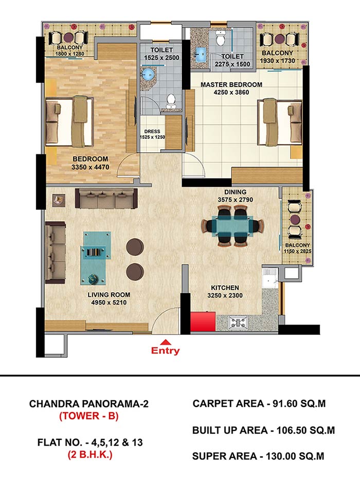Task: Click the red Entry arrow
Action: [166, 342]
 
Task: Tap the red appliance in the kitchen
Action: [203, 322]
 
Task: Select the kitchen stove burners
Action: [238, 323]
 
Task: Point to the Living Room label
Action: [109, 295]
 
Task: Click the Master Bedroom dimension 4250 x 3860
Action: [231, 92]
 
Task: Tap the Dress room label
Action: [152, 132]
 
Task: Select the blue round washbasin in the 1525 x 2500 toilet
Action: [148, 74]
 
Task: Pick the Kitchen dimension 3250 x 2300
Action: [225, 295]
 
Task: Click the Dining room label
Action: [235, 192]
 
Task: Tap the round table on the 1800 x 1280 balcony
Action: [67, 38]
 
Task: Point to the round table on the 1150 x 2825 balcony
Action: [295, 219]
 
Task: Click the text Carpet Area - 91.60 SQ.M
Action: [259, 403]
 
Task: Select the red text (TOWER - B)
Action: [89, 416]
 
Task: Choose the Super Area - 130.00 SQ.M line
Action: [258, 456]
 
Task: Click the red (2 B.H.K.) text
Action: [90, 455]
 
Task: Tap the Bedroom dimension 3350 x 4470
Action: [90, 167]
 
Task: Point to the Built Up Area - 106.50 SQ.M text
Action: [263, 431]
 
